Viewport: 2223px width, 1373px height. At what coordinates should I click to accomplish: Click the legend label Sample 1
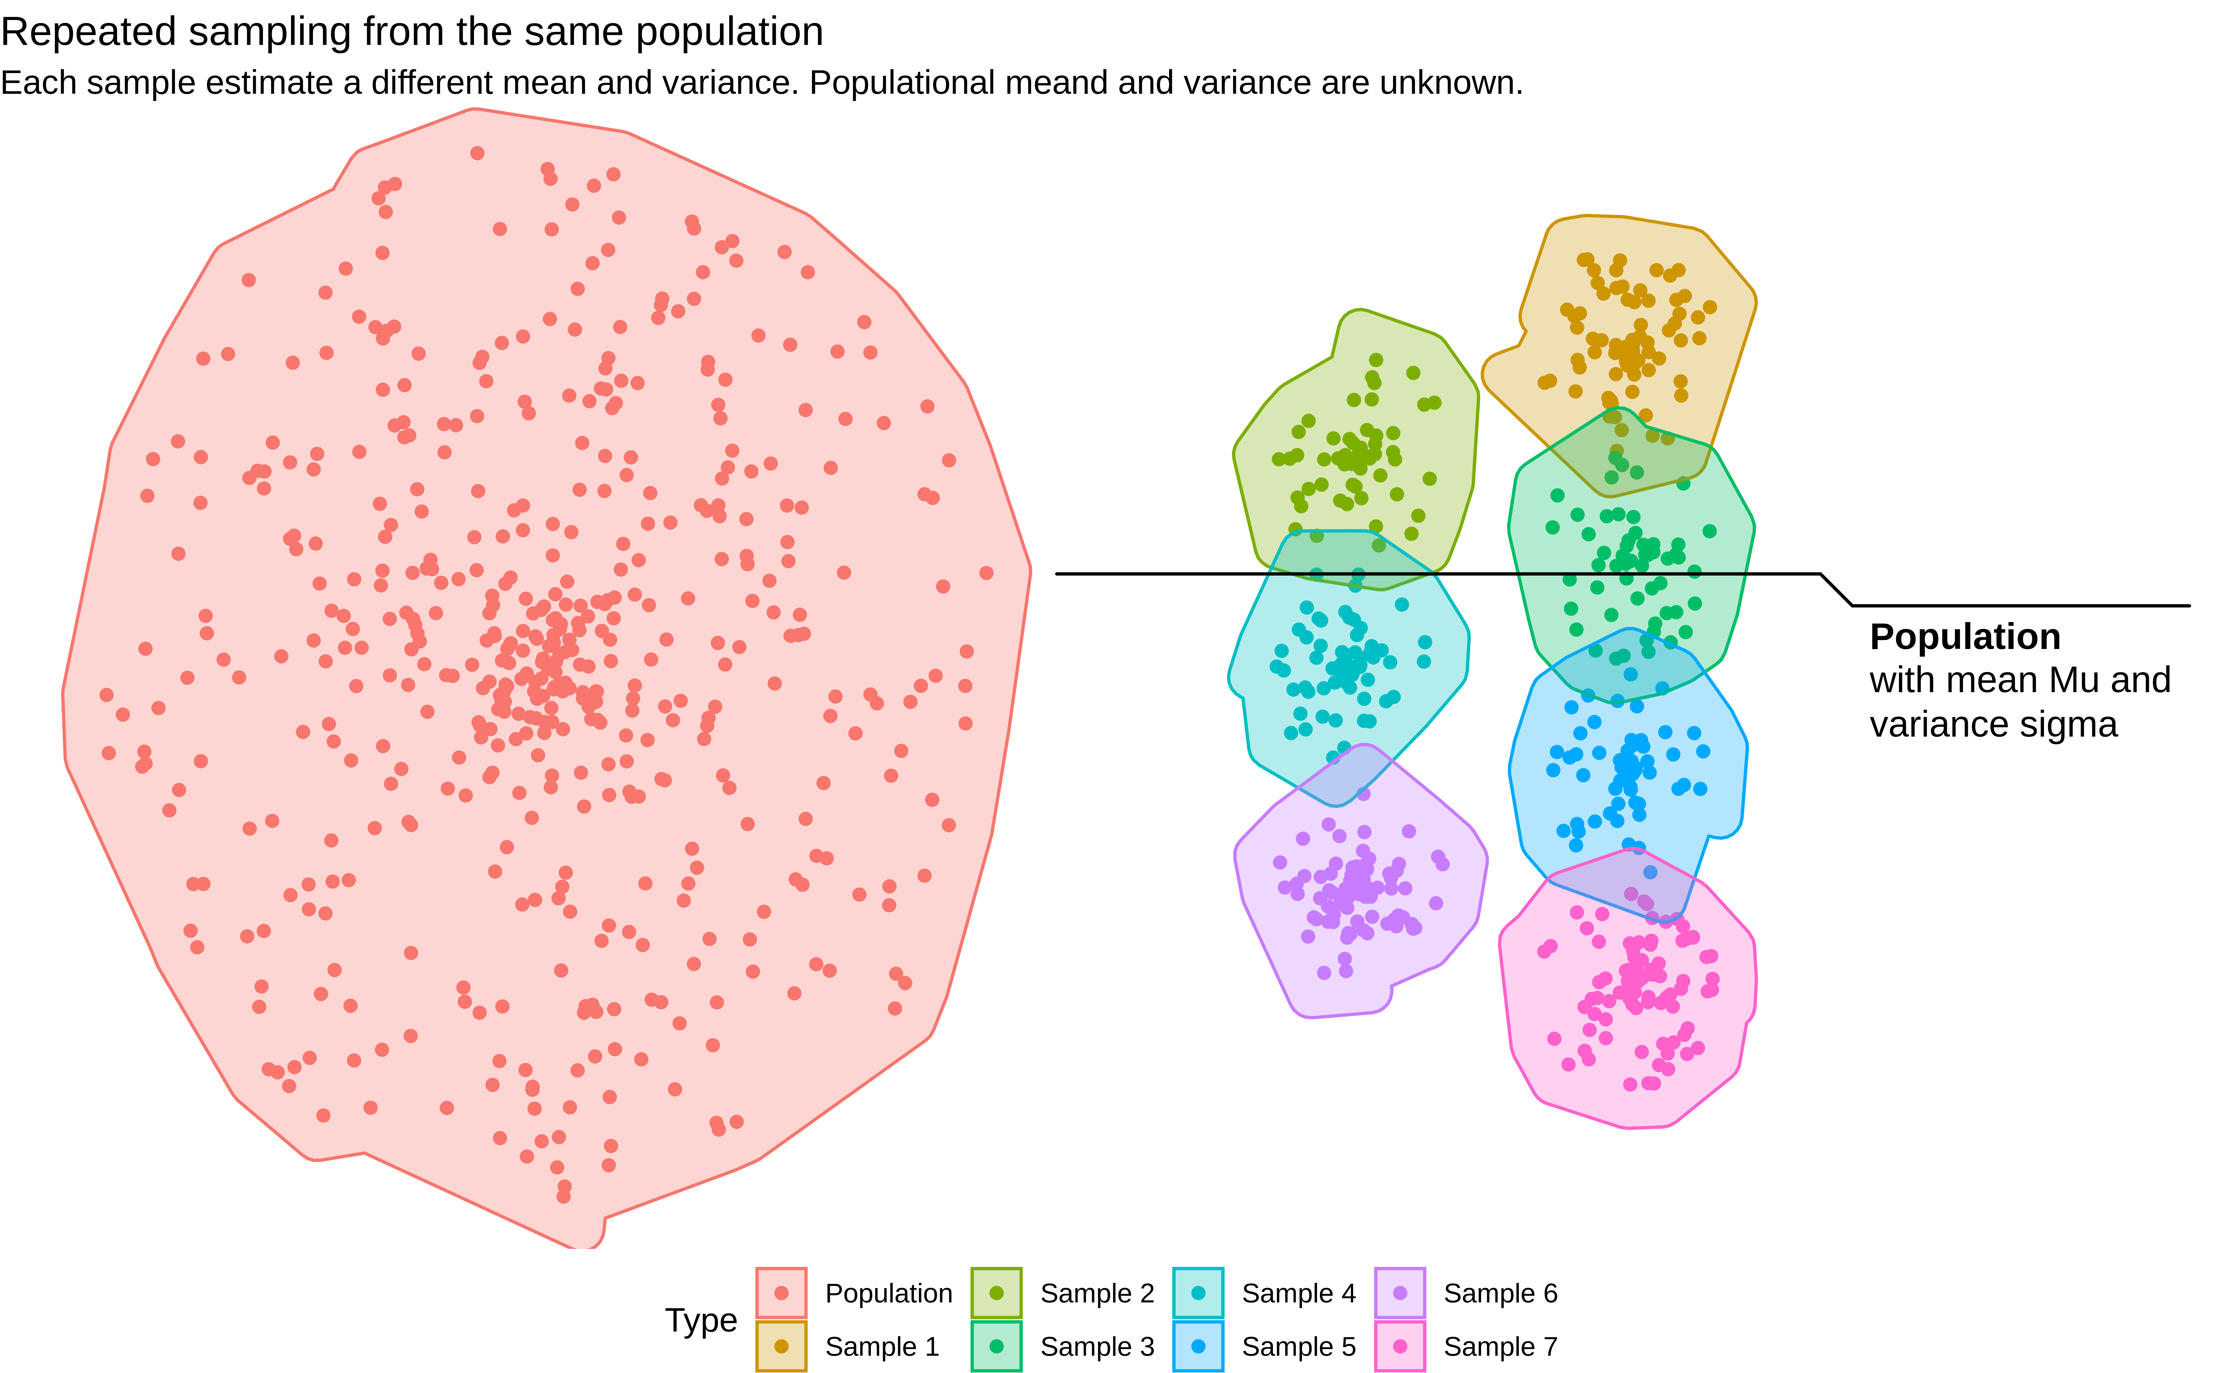tap(881, 1347)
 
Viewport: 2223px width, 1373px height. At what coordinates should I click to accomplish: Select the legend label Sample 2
tap(1096, 1293)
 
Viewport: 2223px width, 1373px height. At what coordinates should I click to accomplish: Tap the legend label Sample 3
tap(1096, 1347)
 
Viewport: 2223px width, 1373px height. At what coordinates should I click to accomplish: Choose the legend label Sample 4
tap(1298, 1293)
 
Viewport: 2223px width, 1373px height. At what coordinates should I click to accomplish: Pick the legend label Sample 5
tap(1298, 1347)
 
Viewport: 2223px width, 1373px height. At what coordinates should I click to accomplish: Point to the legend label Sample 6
tap(1500, 1293)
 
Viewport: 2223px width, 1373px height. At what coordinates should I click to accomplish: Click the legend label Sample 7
tap(1500, 1347)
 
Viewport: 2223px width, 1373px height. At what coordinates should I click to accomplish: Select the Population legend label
tap(888, 1293)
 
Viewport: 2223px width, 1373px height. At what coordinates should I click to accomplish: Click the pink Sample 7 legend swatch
tap(1400, 1347)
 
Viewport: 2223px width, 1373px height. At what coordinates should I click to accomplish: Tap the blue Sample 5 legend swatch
tap(1198, 1347)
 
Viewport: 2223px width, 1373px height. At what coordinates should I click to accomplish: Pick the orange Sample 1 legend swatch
tap(781, 1347)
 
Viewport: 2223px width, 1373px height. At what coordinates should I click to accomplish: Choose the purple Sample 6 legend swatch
tap(1400, 1293)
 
